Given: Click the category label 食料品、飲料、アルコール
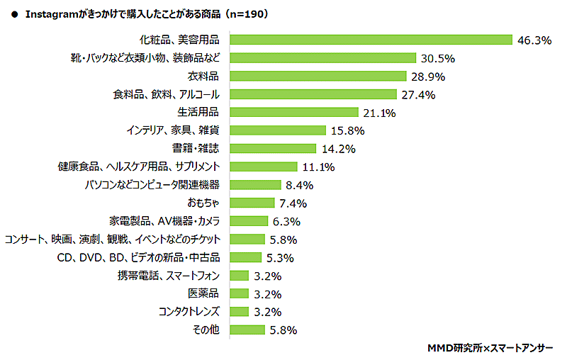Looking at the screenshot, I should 167,94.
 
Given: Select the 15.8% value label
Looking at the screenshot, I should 347,130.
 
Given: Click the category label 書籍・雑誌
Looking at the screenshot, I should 196,148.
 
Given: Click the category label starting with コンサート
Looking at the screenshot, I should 112,239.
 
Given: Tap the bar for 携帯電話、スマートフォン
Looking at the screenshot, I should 240,275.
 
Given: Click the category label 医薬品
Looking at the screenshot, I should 203,293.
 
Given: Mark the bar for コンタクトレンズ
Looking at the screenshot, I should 240,312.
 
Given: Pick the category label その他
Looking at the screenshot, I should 206,330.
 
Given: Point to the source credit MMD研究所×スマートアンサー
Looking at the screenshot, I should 490,348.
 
